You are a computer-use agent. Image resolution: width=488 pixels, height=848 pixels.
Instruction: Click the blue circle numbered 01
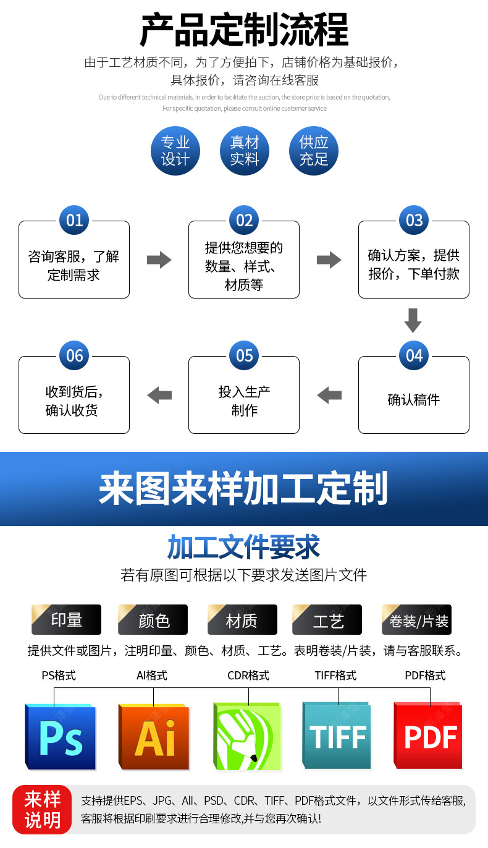click(x=74, y=221)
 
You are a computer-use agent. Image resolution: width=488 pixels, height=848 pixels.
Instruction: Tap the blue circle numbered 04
click(x=413, y=355)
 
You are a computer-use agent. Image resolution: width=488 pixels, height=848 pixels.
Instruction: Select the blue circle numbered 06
click(x=74, y=355)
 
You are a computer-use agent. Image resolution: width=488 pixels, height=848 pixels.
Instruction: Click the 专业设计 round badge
click(x=175, y=151)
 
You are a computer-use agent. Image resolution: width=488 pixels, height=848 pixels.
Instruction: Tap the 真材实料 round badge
click(x=245, y=151)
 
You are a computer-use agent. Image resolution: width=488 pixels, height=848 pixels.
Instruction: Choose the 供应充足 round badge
click(x=314, y=151)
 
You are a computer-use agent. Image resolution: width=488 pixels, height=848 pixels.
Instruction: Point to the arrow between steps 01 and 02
click(x=159, y=260)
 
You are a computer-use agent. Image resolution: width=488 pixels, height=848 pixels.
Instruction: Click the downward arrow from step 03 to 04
click(x=413, y=321)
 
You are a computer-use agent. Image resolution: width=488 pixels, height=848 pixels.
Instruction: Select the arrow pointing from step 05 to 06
click(x=159, y=395)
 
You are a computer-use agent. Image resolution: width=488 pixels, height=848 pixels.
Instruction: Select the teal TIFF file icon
click(x=337, y=736)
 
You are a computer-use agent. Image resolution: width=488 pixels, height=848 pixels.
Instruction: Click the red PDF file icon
click(x=429, y=736)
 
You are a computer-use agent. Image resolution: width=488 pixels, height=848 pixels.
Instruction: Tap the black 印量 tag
click(x=66, y=620)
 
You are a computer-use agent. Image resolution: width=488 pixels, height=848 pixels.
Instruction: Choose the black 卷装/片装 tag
click(x=417, y=620)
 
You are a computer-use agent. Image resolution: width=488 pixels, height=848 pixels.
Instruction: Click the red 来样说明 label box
click(x=42, y=810)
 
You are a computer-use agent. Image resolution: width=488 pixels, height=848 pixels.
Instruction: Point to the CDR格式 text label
click(x=248, y=676)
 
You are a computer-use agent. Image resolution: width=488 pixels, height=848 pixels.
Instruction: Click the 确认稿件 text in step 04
click(x=413, y=400)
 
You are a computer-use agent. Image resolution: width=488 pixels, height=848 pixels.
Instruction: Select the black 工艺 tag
click(x=327, y=620)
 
